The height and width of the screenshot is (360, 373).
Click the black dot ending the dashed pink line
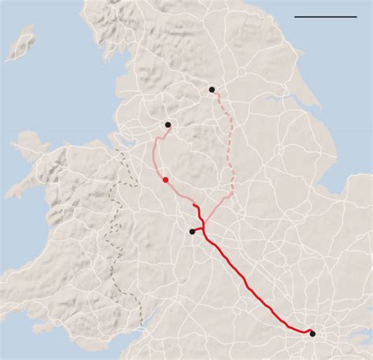point(212,90)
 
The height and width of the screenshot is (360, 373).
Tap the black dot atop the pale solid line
point(168,124)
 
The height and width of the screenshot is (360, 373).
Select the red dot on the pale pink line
point(165,180)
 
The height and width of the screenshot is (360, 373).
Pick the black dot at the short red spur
point(193,231)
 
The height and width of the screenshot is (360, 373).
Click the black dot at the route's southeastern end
point(312,333)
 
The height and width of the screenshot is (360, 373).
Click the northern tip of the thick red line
point(194,205)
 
